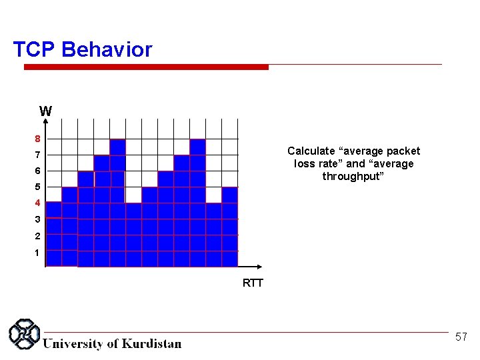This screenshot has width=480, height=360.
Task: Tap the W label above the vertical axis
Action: tap(45, 111)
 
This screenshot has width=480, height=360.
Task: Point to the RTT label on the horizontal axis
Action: tap(253, 283)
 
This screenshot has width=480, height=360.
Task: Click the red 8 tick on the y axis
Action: tap(38, 139)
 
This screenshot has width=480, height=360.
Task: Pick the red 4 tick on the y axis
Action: tap(38, 203)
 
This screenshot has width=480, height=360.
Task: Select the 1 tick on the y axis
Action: tap(38, 253)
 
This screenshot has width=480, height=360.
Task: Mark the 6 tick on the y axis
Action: tap(38, 171)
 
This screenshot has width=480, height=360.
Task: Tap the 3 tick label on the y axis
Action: tap(38, 219)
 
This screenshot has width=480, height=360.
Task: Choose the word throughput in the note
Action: tap(353, 176)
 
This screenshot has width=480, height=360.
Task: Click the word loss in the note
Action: tap(305, 164)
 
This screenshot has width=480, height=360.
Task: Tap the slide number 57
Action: tap(461, 337)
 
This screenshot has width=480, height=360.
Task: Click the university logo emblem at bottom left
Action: tap(25, 334)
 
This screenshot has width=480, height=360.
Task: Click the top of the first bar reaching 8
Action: tap(117, 141)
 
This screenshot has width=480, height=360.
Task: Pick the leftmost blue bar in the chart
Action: tap(53, 233)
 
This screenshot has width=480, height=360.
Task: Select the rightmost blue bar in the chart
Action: tap(229, 227)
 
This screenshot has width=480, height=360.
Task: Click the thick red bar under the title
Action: tap(146, 67)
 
